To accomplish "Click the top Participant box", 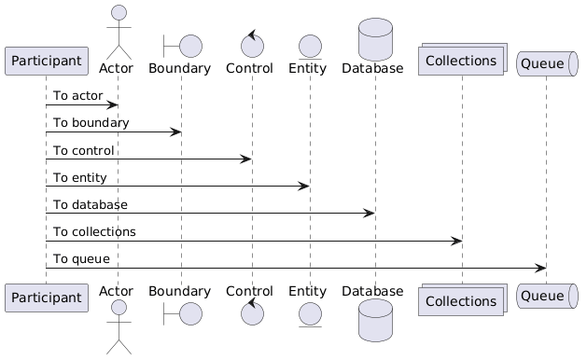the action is (47, 61).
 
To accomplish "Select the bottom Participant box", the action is (47, 298).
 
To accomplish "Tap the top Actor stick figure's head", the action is (119, 12).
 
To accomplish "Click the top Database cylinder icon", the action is (375, 39).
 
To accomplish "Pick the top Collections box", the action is (463, 59).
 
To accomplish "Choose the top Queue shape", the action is (547, 63).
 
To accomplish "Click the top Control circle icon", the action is (252, 44).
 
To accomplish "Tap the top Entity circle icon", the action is (310, 48).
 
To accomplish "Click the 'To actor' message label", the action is (77, 96).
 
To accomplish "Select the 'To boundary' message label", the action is (91, 123).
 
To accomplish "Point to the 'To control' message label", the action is (83, 150).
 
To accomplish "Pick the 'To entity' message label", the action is (79, 178).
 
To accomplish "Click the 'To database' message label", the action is (91, 204).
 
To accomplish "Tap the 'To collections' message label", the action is (94, 232).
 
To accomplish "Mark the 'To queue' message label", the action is (81, 259).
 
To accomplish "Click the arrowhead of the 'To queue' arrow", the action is (540, 268).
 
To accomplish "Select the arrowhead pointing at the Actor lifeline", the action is (112, 104).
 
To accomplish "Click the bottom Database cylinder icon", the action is (375, 320).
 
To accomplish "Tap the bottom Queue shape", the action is (547, 296).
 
